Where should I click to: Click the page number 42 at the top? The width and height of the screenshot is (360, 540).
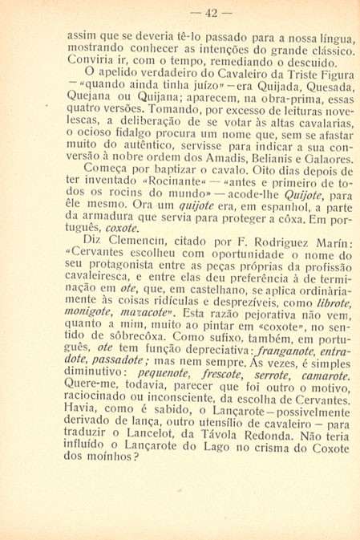(180, 12)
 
